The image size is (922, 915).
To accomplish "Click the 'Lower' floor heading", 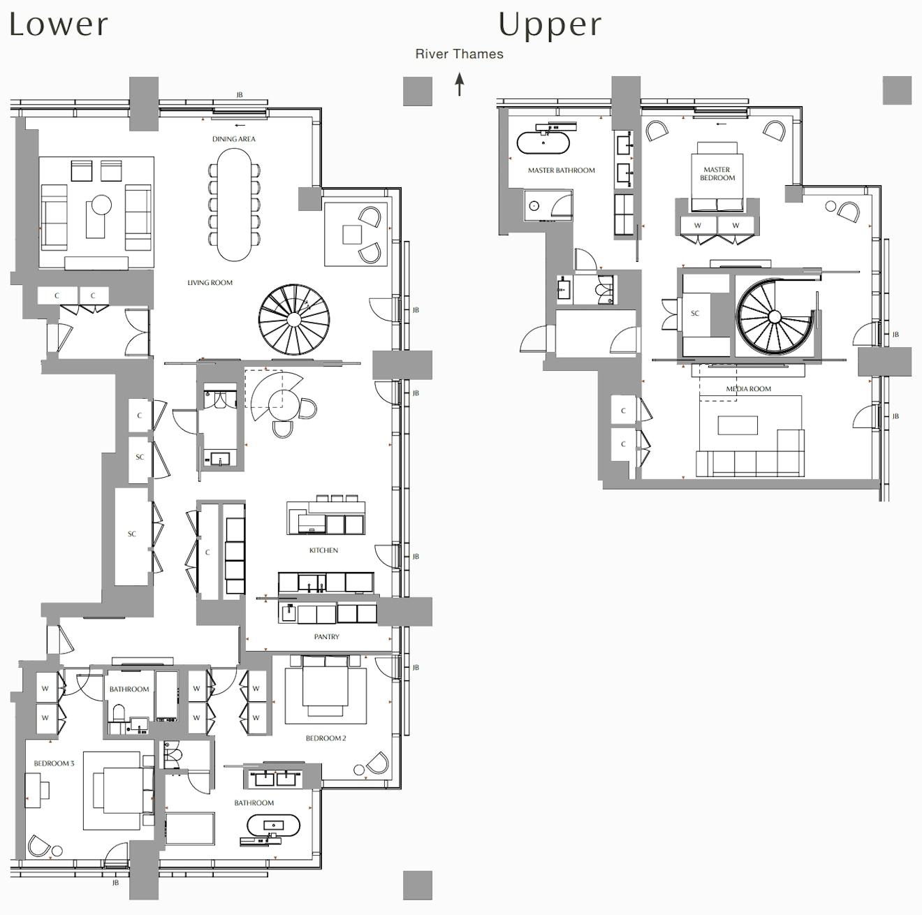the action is coord(59,24).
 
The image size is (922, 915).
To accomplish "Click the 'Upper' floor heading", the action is coord(550,24).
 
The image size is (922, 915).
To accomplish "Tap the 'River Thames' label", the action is coord(459,54).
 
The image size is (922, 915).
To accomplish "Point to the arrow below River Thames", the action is coord(460,85).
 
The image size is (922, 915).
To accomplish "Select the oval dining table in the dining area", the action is coord(235,205).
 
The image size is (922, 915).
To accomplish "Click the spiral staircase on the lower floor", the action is coord(294,319).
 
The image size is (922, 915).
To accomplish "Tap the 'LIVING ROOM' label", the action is coord(210,283).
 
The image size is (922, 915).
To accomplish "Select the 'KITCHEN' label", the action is coord(323,550).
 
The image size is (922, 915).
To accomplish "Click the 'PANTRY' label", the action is coord(326,637).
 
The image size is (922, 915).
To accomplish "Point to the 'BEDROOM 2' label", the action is coord(325,738).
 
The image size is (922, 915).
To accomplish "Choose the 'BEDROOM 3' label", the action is coord(54,763).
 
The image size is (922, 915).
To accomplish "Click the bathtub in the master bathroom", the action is coord(543,142).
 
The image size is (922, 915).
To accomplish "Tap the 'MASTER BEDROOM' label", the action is coord(717,174).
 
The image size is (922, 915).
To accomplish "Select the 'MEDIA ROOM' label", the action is coord(748,389).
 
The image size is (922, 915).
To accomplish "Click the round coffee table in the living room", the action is coord(101,205).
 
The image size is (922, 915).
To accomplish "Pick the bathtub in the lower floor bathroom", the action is coord(273,826).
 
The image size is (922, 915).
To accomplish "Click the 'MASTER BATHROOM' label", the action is coord(562,170).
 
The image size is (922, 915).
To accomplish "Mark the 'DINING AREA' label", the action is coord(234,139).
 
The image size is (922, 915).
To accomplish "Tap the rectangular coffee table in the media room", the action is coord(738,425).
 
